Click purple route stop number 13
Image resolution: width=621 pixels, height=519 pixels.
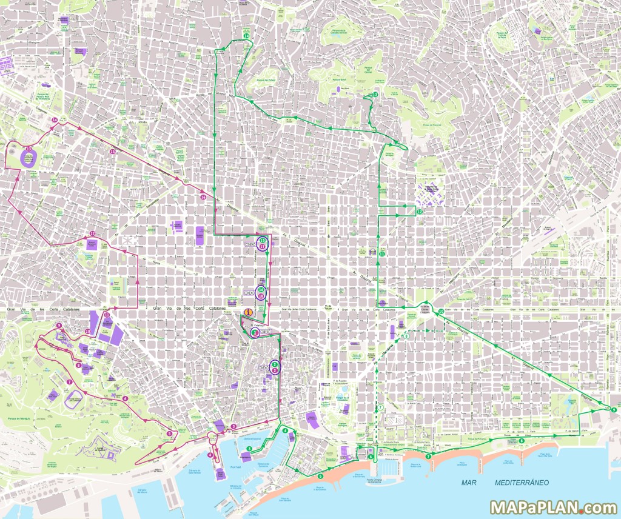(29, 148)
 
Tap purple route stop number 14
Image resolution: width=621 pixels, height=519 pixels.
(55, 120)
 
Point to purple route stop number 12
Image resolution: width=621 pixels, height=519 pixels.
(93, 233)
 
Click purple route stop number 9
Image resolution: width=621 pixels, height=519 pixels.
(59, 326)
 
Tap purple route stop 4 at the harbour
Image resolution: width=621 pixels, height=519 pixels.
(210, 455)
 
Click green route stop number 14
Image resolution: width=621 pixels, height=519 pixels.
(246, 36)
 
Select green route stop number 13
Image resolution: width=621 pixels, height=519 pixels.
(375, 95)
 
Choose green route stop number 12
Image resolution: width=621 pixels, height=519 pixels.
(420, 212)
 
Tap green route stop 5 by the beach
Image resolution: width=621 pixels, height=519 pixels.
(320, 476)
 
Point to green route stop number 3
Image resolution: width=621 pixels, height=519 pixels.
(249, 449)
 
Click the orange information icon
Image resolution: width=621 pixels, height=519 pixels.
(247, 312)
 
